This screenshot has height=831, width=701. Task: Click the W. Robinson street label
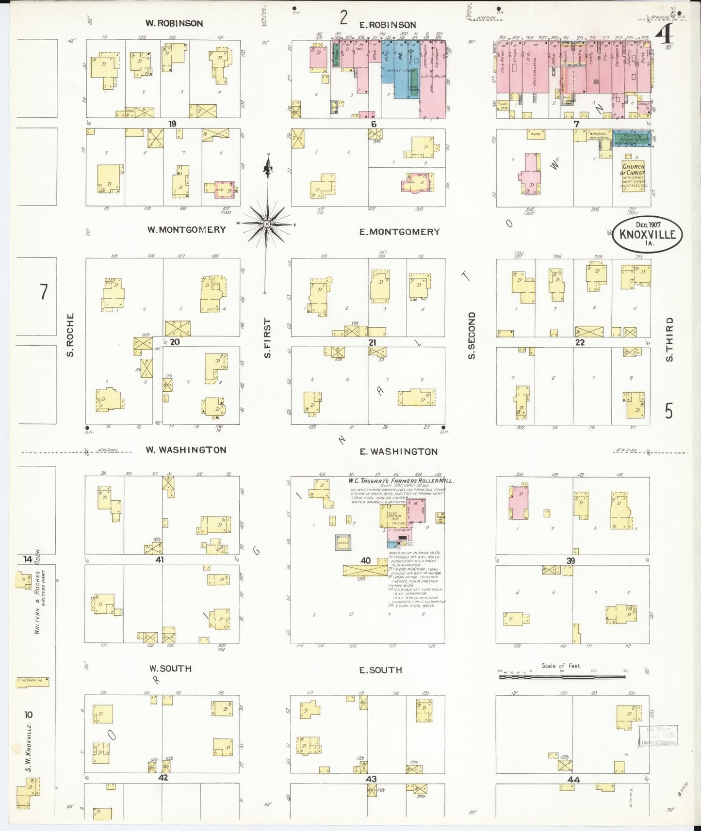[174, 23]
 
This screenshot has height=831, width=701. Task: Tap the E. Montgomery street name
[399, 232]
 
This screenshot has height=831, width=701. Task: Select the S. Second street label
[472, 336]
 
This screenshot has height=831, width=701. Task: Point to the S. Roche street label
[70, 335]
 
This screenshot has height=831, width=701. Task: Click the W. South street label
[170, 669]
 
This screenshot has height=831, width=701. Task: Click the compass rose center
[266, 224]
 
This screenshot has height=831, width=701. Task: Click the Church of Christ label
[634, 170]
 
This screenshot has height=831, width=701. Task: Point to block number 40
[365, 560]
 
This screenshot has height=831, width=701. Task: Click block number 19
[172, 124]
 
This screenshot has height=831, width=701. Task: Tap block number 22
[580, 342]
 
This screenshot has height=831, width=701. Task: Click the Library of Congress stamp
[658, 736]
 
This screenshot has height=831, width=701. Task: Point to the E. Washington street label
[398, 452]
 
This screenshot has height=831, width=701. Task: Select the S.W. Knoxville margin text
[29, 747]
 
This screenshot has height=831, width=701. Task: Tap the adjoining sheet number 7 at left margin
[44, 292]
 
